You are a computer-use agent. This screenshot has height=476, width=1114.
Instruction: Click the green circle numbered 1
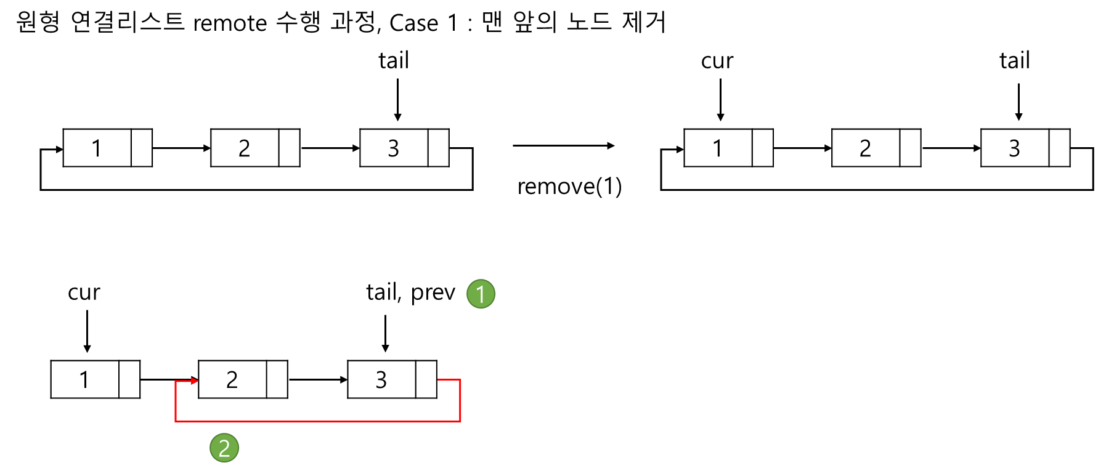[x=481, y=294]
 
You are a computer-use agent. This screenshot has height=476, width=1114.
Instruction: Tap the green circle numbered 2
[x=224, y=448]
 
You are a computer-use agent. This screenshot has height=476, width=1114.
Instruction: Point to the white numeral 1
[x=481, y=294]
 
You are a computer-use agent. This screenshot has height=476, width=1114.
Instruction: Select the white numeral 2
[x=224, y=448]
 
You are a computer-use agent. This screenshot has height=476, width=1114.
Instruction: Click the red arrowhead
[x=194, y=381]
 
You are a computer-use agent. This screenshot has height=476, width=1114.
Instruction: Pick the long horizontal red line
[x=318, y=421]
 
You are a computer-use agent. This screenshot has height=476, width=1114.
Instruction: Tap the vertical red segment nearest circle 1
[x=460, y=400]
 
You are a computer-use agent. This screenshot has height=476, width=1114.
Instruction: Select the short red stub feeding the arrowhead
[x=183, y=382]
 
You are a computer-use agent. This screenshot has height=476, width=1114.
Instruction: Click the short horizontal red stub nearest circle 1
[x=449, y=380]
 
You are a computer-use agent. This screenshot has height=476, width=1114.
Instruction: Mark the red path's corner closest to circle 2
[x=176, y=421]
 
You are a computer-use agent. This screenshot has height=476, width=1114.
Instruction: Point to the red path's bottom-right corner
[x=460, y=421]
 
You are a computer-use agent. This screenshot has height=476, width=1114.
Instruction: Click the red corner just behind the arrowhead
[x=176, y=382]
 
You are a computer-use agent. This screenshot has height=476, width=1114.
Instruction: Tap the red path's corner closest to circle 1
[x=460, y=380]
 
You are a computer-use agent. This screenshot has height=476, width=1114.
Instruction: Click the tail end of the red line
[x=438, y=380]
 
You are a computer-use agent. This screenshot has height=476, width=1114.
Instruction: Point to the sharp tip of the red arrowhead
[x=198, y=381]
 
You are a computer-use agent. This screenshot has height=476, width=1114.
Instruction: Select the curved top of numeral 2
[x=224, y=440]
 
